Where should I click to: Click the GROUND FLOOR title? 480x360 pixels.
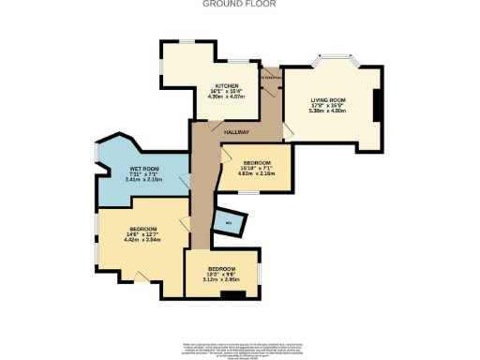(x=239, y=4)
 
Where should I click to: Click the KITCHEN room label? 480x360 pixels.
(x=227, y=83)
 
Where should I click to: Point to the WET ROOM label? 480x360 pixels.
(x=144, y=169)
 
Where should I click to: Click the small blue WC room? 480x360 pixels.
(x=227, y=222)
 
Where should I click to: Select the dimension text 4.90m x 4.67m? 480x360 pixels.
(x=227, y=95)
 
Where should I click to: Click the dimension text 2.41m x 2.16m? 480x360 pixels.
(x=144, y=180)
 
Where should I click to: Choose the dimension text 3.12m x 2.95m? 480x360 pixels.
(x=222, y=278)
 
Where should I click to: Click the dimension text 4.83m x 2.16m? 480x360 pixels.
(x=258, y=173)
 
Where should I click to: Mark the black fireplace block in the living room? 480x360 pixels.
(x=376, y=107)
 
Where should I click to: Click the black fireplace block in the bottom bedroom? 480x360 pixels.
(x=232, y=294)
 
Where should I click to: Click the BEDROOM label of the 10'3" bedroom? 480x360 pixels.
(x=222, y=268)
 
